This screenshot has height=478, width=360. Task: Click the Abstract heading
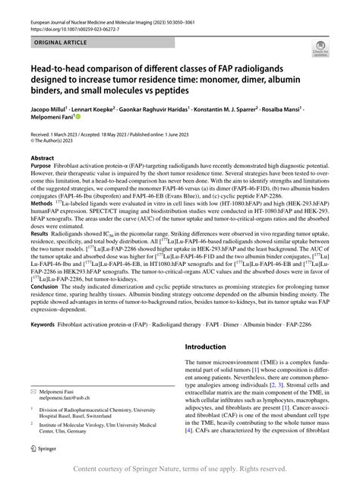42,157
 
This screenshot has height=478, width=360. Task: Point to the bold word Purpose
40,166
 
